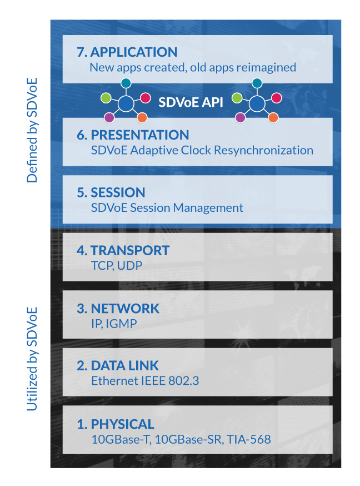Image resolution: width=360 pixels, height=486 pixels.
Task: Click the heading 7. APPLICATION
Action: (x=127, y=52)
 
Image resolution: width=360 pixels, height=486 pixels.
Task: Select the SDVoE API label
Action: (x=191, y=102)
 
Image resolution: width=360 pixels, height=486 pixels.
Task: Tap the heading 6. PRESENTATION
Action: (x=133, y=135)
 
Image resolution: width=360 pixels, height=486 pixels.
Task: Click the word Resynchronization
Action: (x=263, y=150)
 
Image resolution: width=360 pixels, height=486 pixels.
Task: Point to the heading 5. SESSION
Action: (x=111, y=192)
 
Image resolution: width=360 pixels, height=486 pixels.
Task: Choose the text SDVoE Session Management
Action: (x=167, y=208)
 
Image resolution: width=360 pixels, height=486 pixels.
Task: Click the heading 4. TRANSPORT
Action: (x=123, y=250)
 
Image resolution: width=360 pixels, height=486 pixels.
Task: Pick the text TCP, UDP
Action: (x=117, y=266)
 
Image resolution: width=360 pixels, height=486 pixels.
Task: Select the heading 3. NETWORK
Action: (x=118, y=309)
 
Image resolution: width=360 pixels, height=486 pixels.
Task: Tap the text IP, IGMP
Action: (x=114, y=324)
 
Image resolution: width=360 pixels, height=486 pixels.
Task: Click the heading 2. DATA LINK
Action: (x=118, y=366)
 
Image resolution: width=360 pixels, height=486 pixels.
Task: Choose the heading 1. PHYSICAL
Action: (x=116, y=424)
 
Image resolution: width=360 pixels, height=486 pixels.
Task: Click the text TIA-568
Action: (x=248, y=439)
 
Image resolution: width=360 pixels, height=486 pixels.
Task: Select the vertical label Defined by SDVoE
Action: (x=32, y=130)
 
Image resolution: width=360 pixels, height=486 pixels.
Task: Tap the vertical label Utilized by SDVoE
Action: (x=32, y=359)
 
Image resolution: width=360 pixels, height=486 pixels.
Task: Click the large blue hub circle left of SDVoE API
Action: (x=126, y=103)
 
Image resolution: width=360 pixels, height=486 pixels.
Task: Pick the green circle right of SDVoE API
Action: (x=237, y=98)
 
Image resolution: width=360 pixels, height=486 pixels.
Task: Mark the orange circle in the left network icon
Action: (x=142, y=118)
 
